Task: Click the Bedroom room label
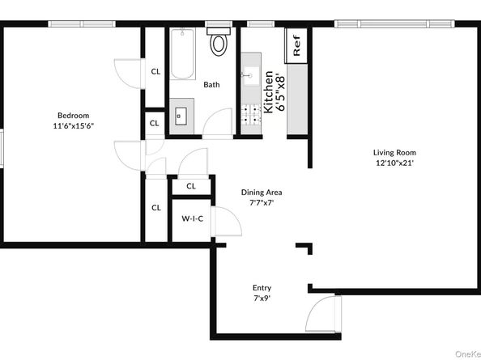click(x=73, y=115)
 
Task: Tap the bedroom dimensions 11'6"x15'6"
click(x=73, y=126)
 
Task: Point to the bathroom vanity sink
click(x=179, y=114)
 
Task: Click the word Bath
click(x=211, y=85)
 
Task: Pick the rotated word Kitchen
click(x=268, y=91)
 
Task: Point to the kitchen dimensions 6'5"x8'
click(x=280, y=91)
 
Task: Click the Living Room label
click(x=394, y=152)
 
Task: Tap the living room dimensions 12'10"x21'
click(x=394, y=163)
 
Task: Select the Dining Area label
click(x=262, y=193)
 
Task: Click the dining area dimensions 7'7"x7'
click(x=262, y=203)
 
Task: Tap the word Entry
click(x=262, y=288)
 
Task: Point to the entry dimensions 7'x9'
click(x=262, y=299)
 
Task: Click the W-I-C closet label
click(x=191, y=218)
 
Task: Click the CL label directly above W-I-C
click(x=191, y=186)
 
